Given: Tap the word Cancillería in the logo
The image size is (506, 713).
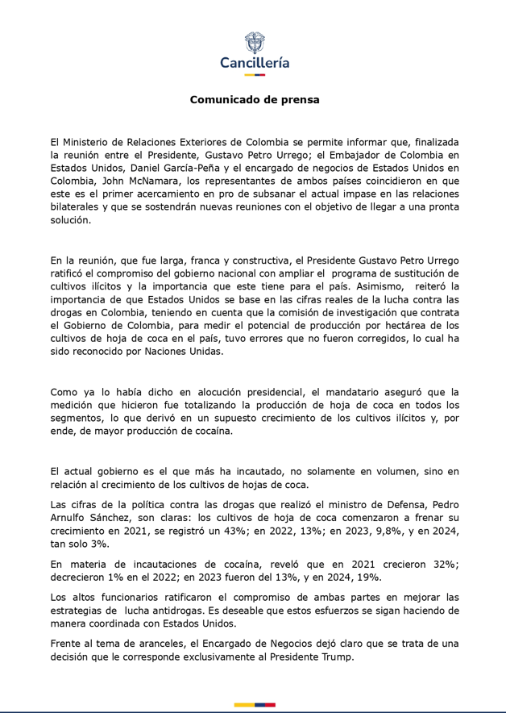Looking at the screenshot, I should [x=255, y=63].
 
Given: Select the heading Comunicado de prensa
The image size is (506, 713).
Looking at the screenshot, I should [x=255, y=100].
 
